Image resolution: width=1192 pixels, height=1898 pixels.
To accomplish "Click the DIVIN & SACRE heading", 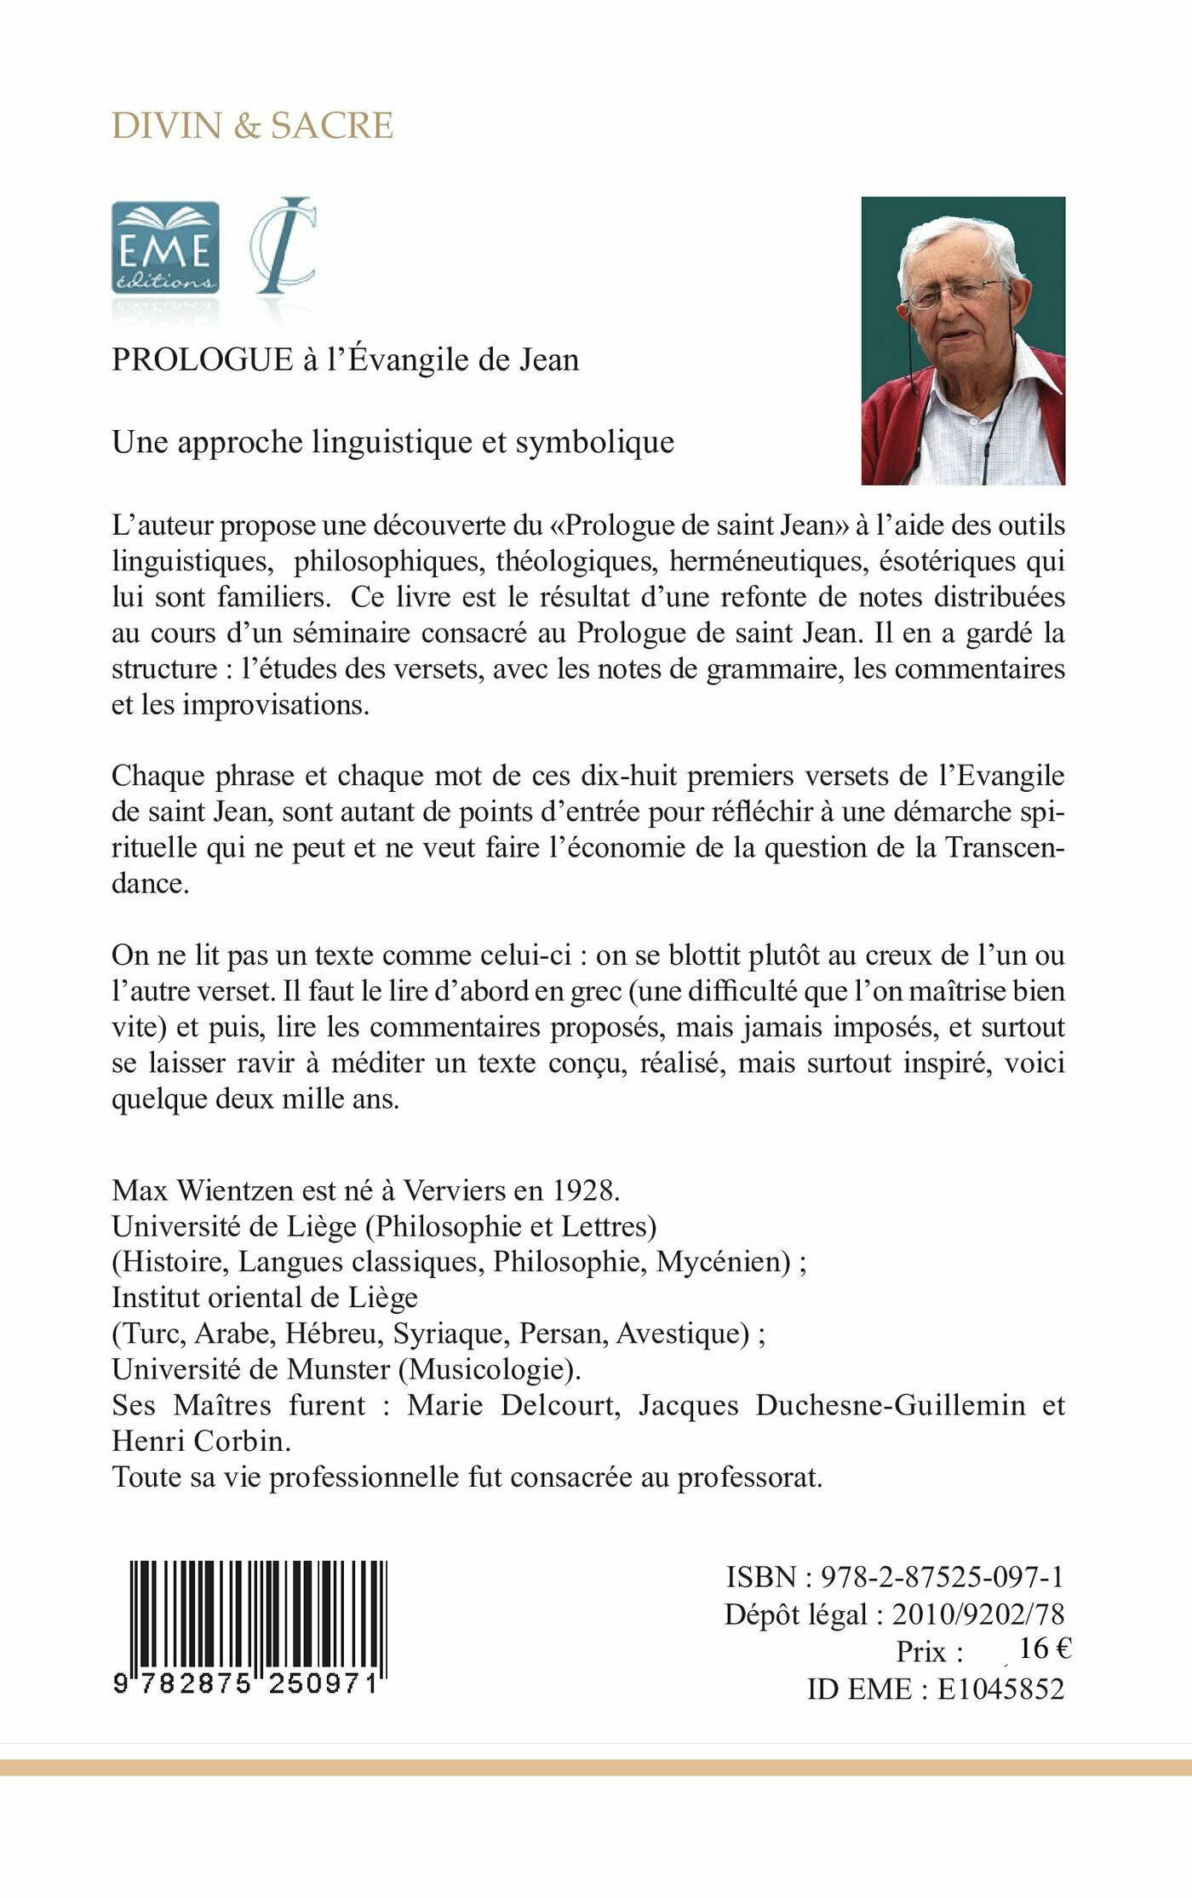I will tap(252, 125).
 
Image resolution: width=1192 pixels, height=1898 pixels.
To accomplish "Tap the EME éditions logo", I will tap(165, 248).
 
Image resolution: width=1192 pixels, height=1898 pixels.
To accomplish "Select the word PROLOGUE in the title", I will tap(202, 359).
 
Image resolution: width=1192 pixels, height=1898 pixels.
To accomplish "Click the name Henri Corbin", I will tap(197, 1440).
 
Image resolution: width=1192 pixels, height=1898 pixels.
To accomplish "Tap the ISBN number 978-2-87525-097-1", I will tap(942, 1577).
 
